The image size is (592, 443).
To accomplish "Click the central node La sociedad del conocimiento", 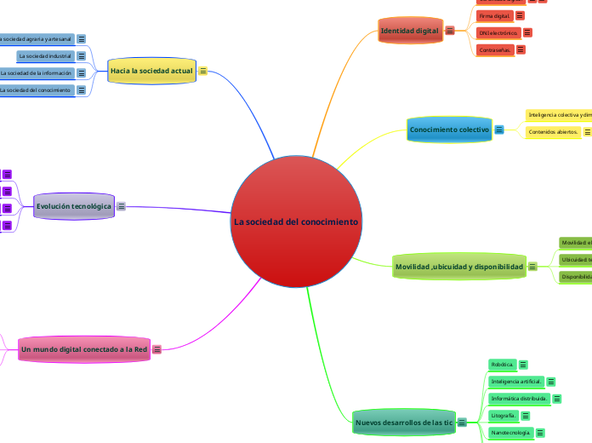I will [x=295, y=221].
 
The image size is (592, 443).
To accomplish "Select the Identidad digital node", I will [x=409, y=31].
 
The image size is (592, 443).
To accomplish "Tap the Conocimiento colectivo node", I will [x=449, y=129].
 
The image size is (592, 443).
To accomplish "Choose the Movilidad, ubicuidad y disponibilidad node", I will [x=458, y=267].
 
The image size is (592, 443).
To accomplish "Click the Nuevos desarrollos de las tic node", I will [x=403, y=422].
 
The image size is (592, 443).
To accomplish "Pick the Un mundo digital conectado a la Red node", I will [x=84, y=348].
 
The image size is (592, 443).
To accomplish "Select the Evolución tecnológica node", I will [x=74, y=206].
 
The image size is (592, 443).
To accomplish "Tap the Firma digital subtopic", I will [x=495, y=15].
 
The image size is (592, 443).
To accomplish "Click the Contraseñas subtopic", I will [x=496, y=50].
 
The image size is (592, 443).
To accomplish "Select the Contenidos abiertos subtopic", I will [x=553, y=132].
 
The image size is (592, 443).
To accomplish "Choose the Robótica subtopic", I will [x=502, y=365].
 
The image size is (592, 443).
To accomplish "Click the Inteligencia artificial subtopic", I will [x=516, y=382].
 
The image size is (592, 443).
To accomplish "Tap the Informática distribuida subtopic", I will [x=519, y=398].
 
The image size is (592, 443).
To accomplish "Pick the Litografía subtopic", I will [x=504, y=415].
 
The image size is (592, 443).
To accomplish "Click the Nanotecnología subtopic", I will [x=510, y=433].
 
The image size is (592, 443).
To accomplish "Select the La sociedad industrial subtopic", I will [x=45, y=56].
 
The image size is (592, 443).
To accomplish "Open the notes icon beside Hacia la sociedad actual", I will [x=203, y=72].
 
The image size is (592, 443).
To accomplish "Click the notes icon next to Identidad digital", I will [x=450, y=31].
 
